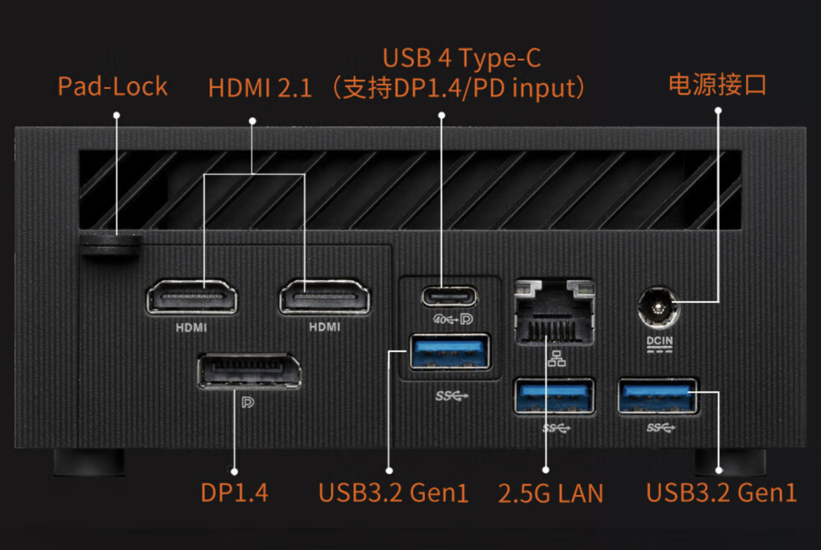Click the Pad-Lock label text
112,86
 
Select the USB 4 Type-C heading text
461,59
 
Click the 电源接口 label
717,84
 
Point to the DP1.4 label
235,493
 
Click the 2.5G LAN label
551,493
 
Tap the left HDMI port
191,299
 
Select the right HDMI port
324,299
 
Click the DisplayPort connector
249,371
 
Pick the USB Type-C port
449,296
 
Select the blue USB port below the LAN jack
554,396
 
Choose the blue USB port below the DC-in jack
658,396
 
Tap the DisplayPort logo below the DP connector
248,403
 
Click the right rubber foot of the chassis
730,462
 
